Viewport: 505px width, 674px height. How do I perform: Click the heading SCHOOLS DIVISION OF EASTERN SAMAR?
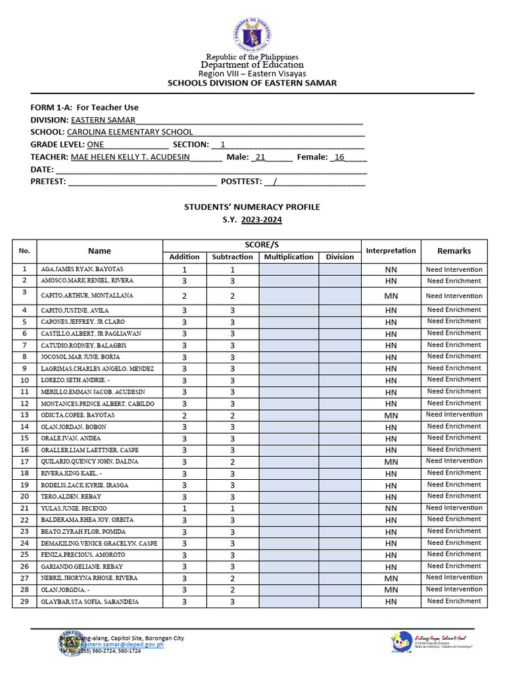[252, 83]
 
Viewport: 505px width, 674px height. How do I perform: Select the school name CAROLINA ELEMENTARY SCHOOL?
[130, 132]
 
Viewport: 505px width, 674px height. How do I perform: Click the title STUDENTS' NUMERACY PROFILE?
[252, 207]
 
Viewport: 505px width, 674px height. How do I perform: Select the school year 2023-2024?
[261, 220]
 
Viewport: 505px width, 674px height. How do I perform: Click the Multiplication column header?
[289, 257]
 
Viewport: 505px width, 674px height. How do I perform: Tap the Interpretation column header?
[391, 251]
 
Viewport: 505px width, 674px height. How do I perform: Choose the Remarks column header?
[454, 251]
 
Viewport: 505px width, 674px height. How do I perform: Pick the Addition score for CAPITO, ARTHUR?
[184, 296]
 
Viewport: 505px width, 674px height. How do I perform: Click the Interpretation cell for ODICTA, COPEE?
[391, 415]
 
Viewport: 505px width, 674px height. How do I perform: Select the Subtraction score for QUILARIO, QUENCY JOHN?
[232, 462]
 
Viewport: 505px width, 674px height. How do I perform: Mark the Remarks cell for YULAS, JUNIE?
[454, 508]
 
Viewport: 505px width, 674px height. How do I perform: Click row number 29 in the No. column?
[24, 602]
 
